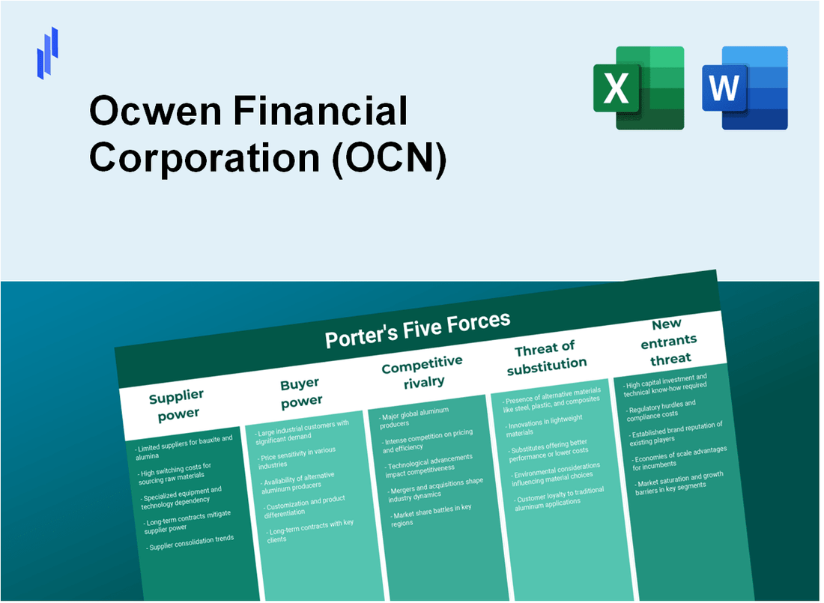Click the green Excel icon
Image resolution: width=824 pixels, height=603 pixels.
pos(638,88)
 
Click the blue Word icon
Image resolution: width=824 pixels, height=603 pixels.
pos(745,88)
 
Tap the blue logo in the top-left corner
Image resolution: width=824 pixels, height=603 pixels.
pos(47,52)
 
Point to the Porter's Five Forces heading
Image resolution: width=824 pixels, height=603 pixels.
pos(417,330)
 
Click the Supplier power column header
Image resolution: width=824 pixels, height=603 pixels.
pos(176,404)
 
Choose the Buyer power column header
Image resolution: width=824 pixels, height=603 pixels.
pos(300,393)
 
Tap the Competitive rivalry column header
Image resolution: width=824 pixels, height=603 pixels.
pos(422,372)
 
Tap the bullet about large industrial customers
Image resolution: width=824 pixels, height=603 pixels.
pos(301,429)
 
